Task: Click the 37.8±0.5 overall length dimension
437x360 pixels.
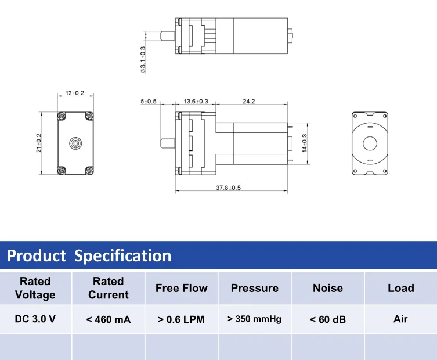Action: (228, 188)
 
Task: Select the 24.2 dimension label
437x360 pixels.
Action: (248, 101)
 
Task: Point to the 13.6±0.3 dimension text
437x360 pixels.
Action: (196, 101)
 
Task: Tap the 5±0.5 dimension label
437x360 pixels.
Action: (149, 101)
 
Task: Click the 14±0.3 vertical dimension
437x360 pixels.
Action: (304, 142)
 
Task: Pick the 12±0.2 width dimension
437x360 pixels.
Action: (75, 93)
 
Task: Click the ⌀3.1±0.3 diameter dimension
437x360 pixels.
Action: (143, 60)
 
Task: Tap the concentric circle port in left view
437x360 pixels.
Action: (75, 143)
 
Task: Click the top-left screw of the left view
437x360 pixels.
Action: (62, 116)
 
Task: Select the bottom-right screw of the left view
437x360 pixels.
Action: (89, 170)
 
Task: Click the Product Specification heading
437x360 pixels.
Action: (89, 255)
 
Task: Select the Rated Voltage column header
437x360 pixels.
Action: (35, 288)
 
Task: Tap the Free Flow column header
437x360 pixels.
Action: (181, 288)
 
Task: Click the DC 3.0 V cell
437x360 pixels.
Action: (35, 319)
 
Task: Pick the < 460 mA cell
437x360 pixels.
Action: (109, 319)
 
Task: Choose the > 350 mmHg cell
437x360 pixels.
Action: (254, 319)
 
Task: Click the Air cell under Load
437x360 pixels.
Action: (400, 319)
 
